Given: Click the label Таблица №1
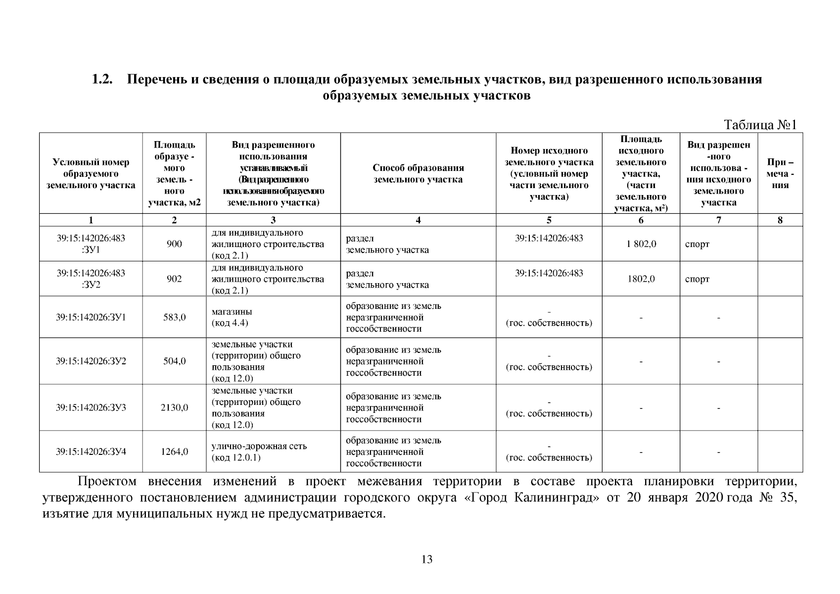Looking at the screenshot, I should (760, 125).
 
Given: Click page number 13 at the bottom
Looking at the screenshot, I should (426, 560).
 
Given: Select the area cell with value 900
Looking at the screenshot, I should (174, 244).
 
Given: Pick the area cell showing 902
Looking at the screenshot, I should (174, 279).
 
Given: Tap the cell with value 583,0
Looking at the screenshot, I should (174, 317).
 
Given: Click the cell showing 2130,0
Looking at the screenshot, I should (174, 408).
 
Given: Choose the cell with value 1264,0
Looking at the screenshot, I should (174, 451).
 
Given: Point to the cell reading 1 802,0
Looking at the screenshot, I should (641, 244).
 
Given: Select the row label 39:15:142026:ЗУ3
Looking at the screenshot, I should (91, 408).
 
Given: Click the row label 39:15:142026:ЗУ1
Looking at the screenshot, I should (91, 317).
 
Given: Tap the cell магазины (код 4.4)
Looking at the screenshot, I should (232, 317).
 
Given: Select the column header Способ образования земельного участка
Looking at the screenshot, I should (418, 174).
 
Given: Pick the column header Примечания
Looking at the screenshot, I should (780, 174).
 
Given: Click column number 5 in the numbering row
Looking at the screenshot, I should (549, 221).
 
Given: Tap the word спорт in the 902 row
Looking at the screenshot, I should (697, 279).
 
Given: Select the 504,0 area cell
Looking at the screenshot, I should (174, 361).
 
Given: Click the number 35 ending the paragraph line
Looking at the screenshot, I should (788, 497).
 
